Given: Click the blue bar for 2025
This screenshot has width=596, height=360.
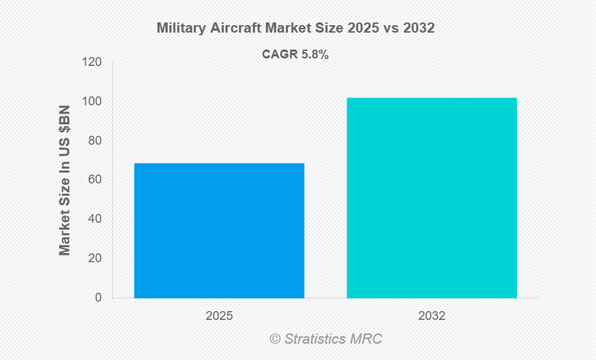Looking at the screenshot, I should tap(219, 230).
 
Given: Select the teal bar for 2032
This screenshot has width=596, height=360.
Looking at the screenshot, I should tap(432, 198).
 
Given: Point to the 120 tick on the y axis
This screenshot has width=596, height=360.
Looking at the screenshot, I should tap(92, 62).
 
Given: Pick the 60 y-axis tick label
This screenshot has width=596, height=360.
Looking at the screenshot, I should tap(94, 180).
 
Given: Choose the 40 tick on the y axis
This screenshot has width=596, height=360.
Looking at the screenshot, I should tap(94, 219).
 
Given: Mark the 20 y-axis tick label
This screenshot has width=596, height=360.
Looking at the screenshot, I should tap(94, 259).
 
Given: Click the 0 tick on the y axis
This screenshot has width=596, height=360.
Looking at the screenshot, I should tap(98, 298).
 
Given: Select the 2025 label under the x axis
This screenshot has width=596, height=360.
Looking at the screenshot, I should tap(219, 317).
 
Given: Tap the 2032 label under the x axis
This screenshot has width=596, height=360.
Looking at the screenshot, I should tap(432, 317).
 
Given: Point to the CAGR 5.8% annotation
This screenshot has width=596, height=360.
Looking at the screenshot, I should tap(296, 55).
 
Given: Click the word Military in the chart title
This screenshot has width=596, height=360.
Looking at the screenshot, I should tap(179, 29).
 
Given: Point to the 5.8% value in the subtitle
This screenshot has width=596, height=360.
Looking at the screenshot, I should tap(315, 55).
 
